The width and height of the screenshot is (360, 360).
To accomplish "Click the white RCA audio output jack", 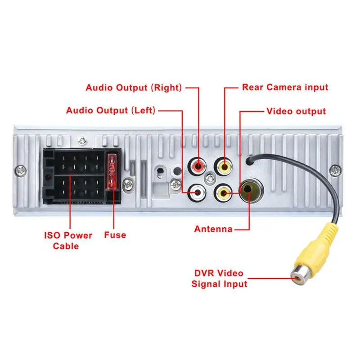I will pyautogui.click(x=198, y=193).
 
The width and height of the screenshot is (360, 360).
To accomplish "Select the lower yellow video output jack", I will pyautogui.click(x=224, y=193).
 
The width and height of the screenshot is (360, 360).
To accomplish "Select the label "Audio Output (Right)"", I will pyautogui.click(x=134, y=87).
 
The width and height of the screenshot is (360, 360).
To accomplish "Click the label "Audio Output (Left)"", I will pyautogui.click(x=111, y=110).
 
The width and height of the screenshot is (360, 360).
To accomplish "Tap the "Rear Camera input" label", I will pyautogui.click(x=285, y=87).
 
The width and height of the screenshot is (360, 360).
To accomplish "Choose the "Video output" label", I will pyautogui.click(x=296, y=111).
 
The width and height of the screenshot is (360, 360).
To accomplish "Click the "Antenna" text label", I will pyautogui.click(x=213, y=229).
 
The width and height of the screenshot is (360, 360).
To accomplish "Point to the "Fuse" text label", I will pyautogui.click(x=115, y=235).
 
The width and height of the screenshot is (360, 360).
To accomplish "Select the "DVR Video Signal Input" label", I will pyautogui.click(x=219, y=279).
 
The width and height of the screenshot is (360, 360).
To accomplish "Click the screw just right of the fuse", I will pyautogui.click(x=129, y=184).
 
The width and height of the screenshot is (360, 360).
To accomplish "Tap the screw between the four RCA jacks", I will pyautogui.click(x=209, y=179).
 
